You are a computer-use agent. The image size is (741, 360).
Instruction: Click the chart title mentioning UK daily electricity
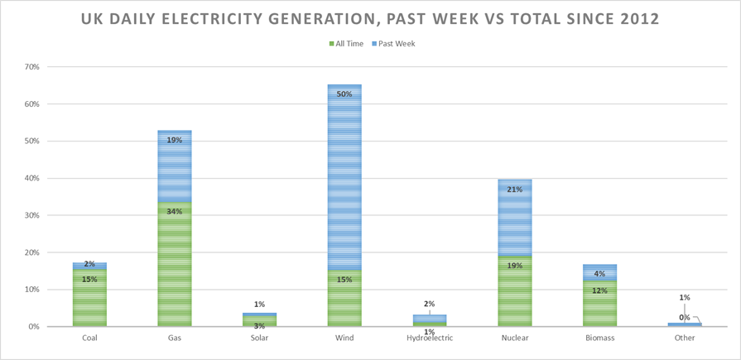(x=370, y=18)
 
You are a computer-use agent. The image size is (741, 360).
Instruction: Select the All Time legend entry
(x=347, y=44)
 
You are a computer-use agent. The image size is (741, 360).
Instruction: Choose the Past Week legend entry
(x=394, y=44)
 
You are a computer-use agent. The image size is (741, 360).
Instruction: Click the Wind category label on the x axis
(x=344, y=338)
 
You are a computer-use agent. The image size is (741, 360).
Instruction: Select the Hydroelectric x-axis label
(x=429, y=338)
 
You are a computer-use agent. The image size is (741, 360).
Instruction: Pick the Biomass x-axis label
(x=599, y=338)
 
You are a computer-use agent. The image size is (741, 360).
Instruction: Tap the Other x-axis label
(x=685, y=338)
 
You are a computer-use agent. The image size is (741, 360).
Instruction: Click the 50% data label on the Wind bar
(x=344, y=94)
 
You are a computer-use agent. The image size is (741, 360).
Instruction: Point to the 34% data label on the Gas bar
(x=175, y=211)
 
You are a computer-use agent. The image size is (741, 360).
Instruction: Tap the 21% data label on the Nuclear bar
(x=514, y=190)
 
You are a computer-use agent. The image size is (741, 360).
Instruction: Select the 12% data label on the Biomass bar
(x=599, y=290)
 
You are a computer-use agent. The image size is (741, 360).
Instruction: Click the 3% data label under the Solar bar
(x=259, y=326)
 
